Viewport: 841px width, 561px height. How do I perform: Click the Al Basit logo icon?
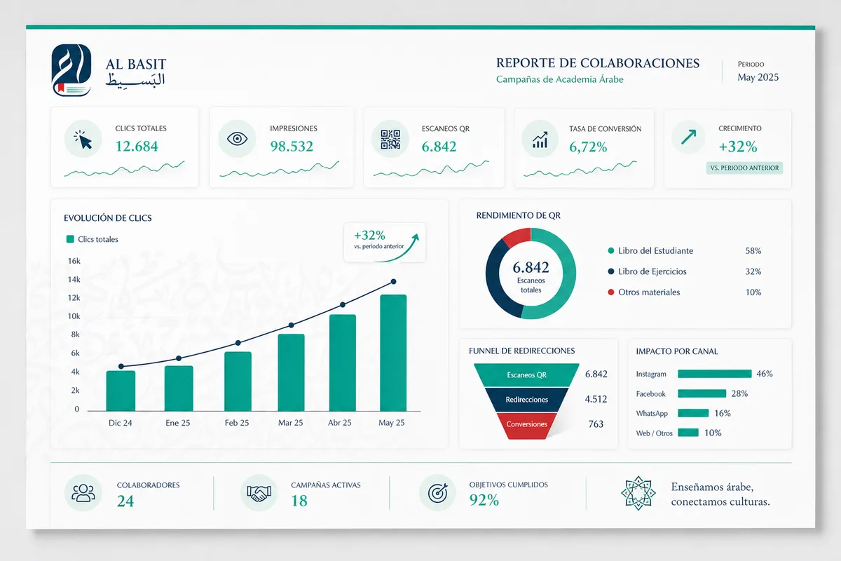(71, 70)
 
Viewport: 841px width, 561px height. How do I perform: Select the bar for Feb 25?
(238, 381)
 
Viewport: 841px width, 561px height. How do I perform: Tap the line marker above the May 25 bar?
(393, 281)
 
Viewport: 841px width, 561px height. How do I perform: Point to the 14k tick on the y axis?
(74, 279)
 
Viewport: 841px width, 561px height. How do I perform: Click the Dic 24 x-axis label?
(120, 423)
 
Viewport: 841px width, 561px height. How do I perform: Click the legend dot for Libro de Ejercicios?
(611, 271)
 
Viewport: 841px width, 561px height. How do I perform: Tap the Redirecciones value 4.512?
(596, 399)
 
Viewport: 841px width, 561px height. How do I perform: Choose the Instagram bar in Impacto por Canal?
(714, 374)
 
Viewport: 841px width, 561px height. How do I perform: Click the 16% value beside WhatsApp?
(723, 413)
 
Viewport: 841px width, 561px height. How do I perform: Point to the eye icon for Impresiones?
(237, 139)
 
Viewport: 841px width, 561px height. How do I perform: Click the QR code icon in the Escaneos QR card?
(390, 140)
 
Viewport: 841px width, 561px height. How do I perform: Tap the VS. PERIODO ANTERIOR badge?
(744, 168)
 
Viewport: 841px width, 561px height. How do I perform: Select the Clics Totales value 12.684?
(137, 146)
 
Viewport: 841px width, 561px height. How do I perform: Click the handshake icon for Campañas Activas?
(259, 493)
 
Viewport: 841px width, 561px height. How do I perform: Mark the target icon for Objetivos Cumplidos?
(438, 492)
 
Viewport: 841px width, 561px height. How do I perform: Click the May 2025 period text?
(758, 77)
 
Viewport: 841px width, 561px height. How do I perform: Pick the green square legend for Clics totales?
(70, 239)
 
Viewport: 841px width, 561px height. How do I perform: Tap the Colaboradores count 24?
(125, 501)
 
